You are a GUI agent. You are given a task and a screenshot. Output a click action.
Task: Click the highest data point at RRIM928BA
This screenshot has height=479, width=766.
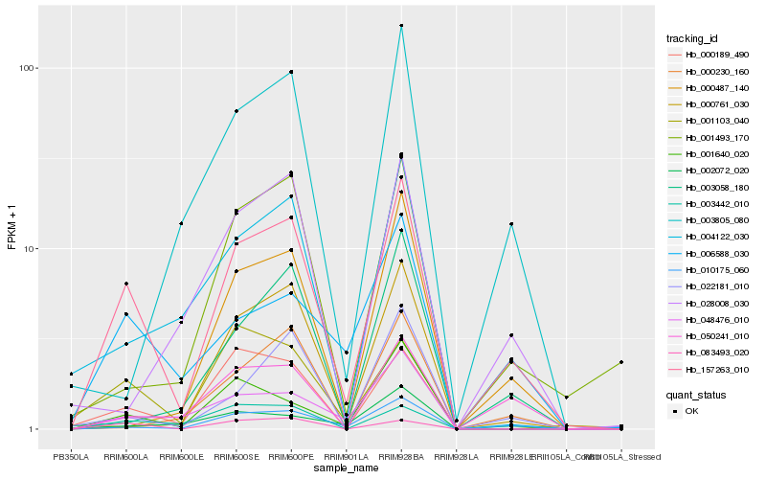click(x=401, y=25)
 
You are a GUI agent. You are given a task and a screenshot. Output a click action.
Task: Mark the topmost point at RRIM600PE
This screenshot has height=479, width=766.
click(x=291, y=72)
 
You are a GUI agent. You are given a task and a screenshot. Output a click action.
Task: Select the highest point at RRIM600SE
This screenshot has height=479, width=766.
click(x=236, y=111)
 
